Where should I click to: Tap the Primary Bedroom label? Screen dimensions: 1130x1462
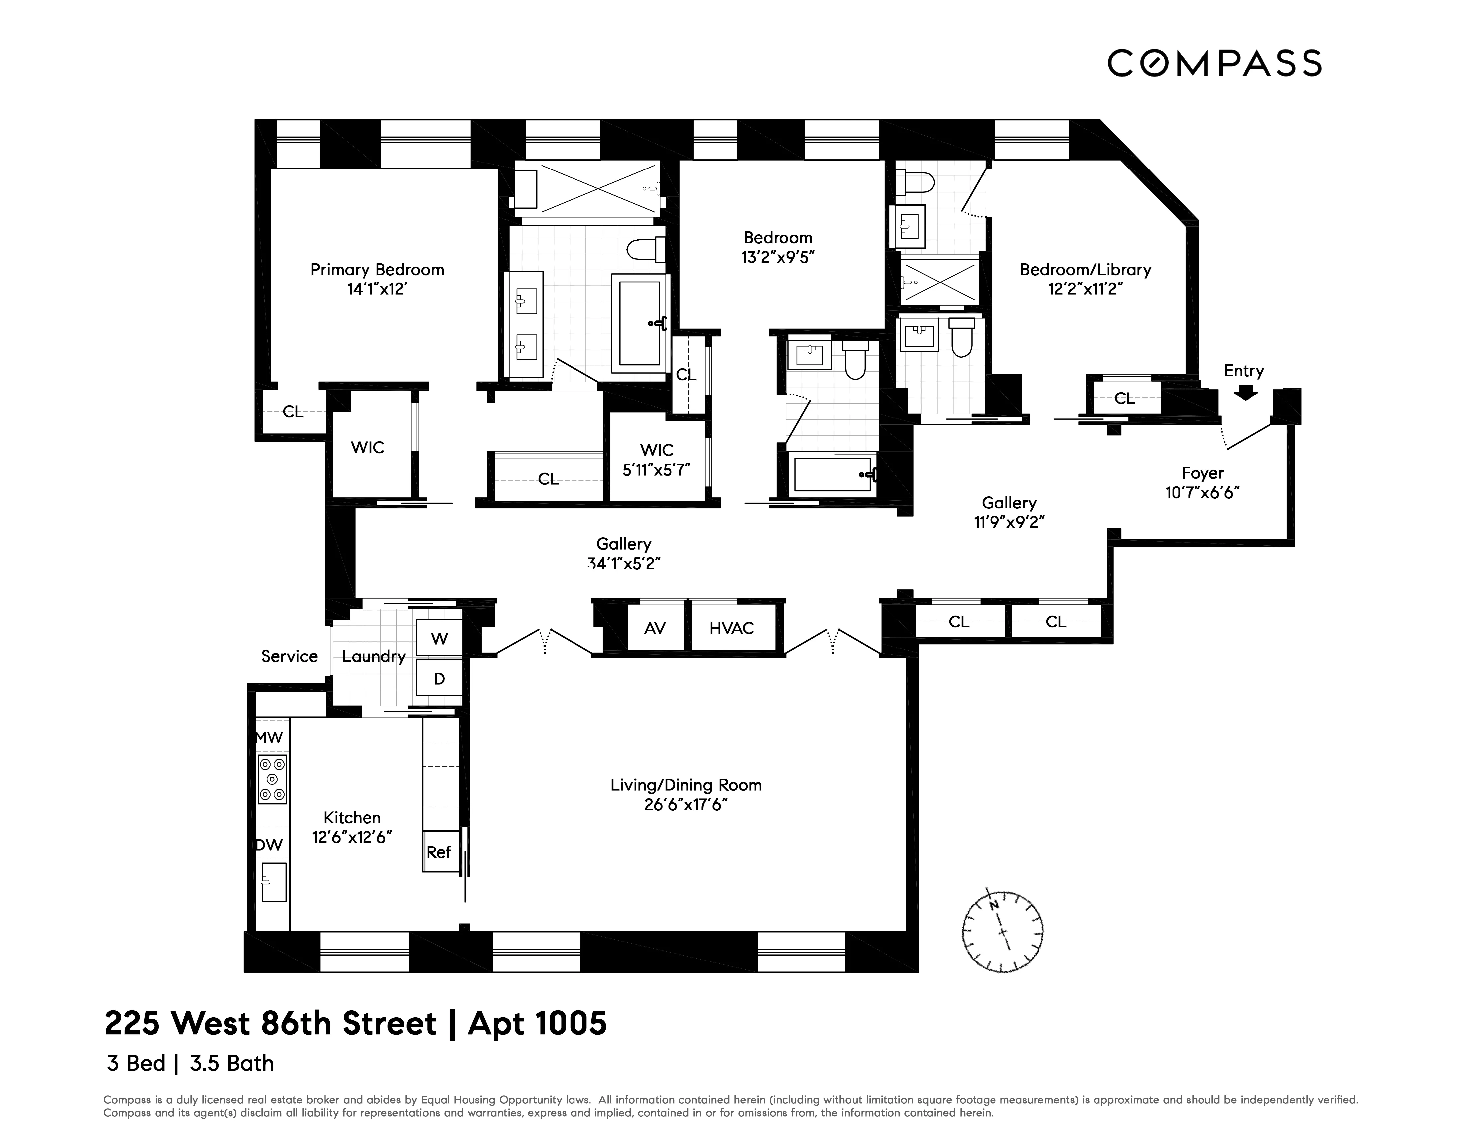point(377,270)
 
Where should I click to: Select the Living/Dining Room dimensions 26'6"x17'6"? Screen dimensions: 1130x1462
point(685,805)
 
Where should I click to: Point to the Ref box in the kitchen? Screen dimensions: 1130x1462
point(439,852)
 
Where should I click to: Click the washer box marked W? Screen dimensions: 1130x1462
point(439,639)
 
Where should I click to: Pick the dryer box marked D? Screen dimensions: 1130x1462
point(439,679)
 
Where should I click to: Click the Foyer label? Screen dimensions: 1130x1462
point(1202,473)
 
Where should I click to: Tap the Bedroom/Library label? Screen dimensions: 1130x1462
point(1085,270)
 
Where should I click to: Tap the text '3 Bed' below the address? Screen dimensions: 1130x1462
point(136,1063)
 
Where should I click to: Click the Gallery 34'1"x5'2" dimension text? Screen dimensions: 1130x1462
point(624,564)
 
